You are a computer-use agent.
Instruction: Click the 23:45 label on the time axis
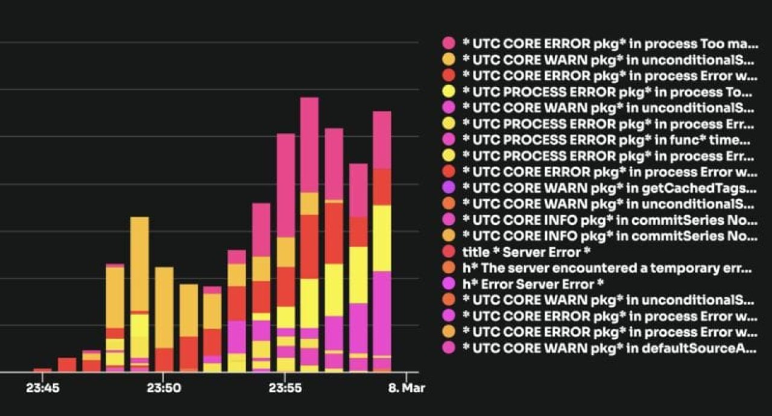[x=43, y=388]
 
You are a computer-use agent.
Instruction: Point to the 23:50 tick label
[x=164, y=388]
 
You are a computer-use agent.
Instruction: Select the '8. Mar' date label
[x=405, y=388]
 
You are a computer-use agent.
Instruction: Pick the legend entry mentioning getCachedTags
[x=609, y=188]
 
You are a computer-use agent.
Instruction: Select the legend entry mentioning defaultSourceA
[x=609, y=347]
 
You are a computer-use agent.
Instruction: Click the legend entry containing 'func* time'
[x=609, y=140]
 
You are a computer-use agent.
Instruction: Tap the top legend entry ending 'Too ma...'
[x=609, y=44]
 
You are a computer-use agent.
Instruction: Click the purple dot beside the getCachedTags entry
[x=448, y=188]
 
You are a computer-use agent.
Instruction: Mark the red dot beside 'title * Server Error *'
[x=448, y=251]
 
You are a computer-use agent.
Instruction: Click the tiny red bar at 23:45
[x=43, y=370]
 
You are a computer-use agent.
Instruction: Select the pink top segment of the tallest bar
[x=309, y=145]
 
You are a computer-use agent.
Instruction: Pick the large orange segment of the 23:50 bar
[x=164, y=307]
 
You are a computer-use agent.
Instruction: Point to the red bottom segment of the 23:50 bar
[x=164, y=359]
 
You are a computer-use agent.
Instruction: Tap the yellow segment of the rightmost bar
[x=382, y=238]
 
